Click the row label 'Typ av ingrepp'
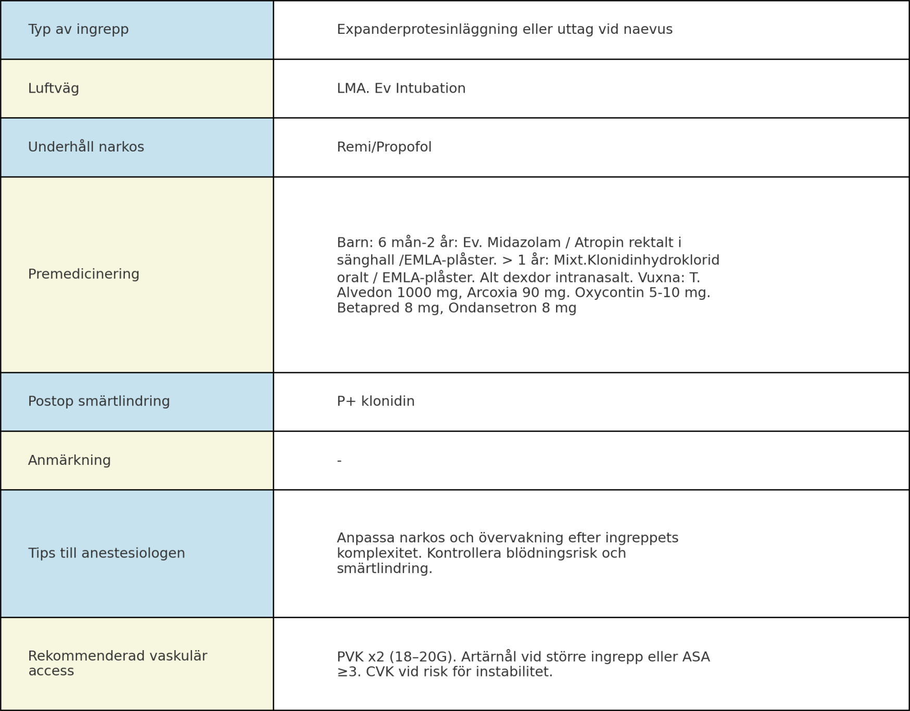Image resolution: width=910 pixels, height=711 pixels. [78, 29]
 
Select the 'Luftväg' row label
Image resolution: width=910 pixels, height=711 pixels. [54, 88]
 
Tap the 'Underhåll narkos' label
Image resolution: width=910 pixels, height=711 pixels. [86, 147]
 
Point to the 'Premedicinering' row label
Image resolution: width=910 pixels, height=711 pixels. [84, 274]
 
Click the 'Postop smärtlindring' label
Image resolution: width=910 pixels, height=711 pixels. [99, 401]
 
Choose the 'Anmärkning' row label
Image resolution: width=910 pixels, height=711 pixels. [69, 461]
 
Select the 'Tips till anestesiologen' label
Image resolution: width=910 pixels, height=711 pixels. [107, 553]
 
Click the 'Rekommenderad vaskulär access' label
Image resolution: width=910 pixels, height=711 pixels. [118, 663]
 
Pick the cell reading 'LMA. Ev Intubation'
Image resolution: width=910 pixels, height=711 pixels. [401, 88]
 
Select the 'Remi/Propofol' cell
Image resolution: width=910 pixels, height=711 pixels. [384, 147]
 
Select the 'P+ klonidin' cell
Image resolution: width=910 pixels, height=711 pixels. [375, 401]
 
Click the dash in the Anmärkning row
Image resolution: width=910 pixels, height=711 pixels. [339, 461]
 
